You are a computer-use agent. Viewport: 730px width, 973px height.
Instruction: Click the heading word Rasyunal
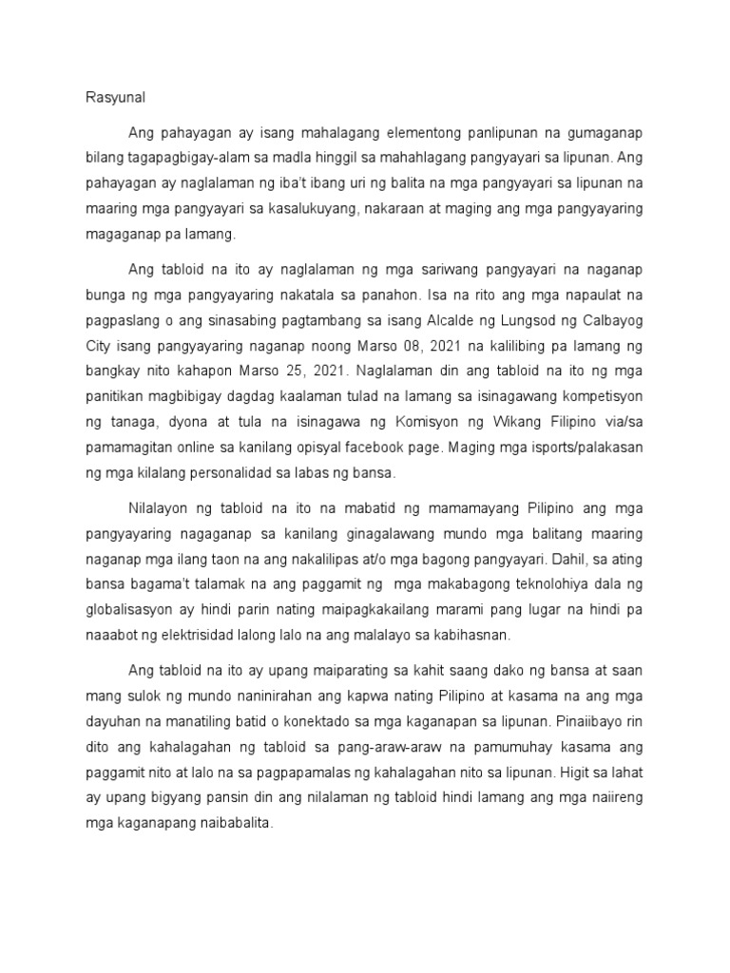click(107, 98)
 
